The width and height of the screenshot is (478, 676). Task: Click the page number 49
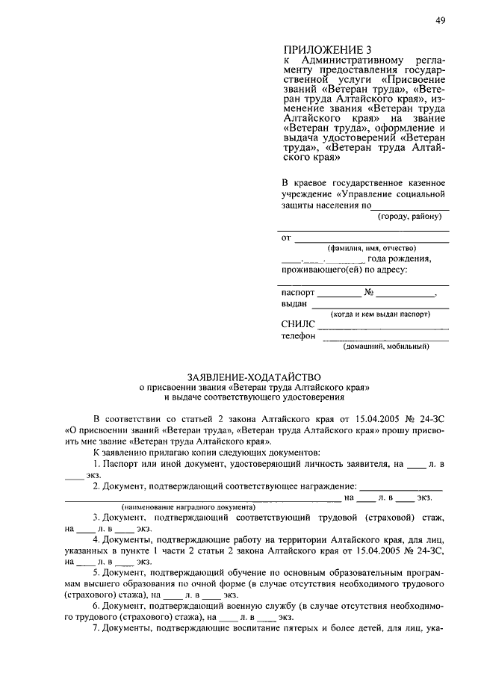pyautogui.click(x=440, y=21)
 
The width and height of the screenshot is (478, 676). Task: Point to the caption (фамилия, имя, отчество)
pyautogui.click(x=366, y=248)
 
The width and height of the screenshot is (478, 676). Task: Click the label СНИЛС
pyautogui.click(x=299, y=325)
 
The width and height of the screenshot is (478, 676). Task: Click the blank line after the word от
pyautogui.click(x=371, y=241)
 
